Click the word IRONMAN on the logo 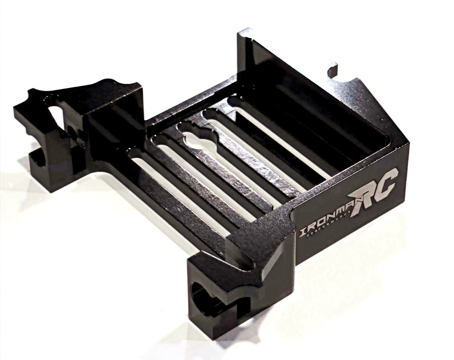[x=325, y=220]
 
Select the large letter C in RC [x=387, y=182]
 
